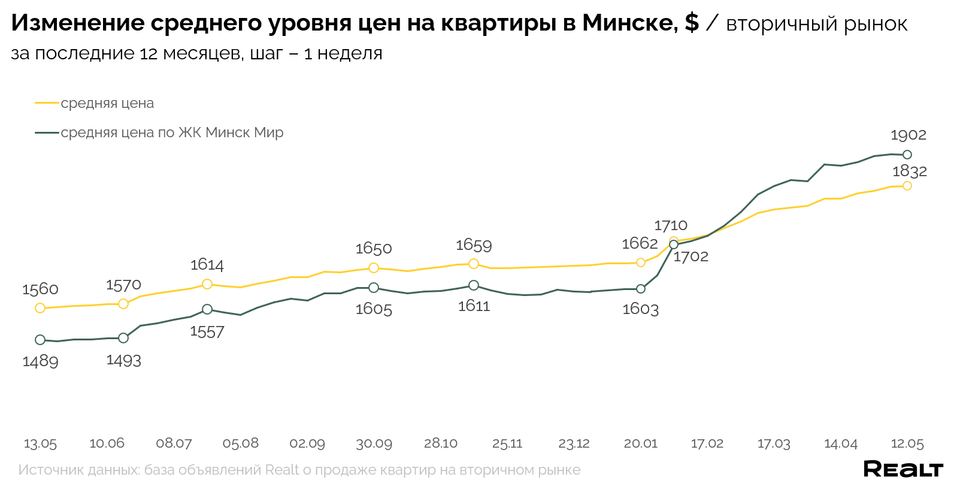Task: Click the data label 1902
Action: [908, 135]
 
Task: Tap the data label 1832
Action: [909, 171]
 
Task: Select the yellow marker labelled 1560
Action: [40, 308]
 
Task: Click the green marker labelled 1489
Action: [40, 340]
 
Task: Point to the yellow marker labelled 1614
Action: [207, 284]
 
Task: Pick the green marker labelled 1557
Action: [207, 309]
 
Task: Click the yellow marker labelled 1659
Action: [474, 264]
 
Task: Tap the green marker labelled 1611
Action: [474, 285]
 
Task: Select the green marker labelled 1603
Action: [641, 289]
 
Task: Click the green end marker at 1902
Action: [907, 155]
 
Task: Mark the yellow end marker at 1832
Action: [907, 186]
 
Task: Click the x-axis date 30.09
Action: [374, 443]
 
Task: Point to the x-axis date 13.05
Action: [40, 443]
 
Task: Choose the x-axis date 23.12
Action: [574, 443]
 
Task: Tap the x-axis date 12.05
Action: [907, 443]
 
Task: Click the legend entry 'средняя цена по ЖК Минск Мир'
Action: [172, 132]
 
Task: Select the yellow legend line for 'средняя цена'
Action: [47, 103]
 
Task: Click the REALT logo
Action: [903, 469]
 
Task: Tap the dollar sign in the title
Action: [692, 23]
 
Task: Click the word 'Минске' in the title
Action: [629, 23]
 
